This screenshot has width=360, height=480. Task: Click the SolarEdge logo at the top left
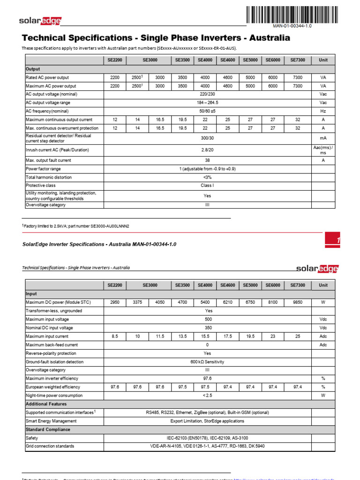point(40,21)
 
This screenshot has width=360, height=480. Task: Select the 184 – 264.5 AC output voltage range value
point(207,103)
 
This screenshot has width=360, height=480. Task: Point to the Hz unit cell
point(323,111)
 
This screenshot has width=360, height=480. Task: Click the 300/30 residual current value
point(207,139)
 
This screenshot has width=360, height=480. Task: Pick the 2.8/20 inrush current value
point(207,150)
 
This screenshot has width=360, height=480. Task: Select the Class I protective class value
point(207,186)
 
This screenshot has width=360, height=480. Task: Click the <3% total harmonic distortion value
point(207,177)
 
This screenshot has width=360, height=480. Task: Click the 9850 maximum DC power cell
point(297,302)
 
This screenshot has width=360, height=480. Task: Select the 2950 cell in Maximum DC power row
point(115,302)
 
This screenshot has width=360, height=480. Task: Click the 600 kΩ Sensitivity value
point(208,362)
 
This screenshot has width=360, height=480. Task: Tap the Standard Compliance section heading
point(48,429)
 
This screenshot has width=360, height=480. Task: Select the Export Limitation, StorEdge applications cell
point(207,421)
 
